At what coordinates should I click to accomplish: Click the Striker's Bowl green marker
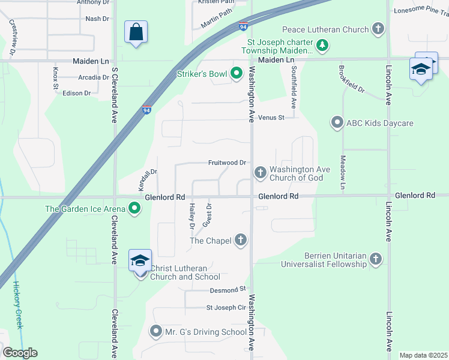[x=237, y=74]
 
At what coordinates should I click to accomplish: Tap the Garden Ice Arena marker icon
[x=135, y=209]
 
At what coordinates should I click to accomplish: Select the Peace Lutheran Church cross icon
[x=378, y=29]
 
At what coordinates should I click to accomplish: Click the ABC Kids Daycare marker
[x=337, y=123]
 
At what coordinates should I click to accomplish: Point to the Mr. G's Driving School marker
[x=157, y=331]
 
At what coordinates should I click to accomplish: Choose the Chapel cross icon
[x=241, y=241]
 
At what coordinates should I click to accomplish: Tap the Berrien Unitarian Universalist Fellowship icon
[x=376, y=259]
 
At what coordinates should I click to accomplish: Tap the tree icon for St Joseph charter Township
[x=322, y=45]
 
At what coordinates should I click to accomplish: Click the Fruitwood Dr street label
[x=228, y=163]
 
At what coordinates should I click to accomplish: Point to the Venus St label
[x=271, y=118]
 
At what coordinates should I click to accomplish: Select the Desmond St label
[x=228, y=289]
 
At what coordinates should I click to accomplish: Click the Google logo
[x=20, y=353]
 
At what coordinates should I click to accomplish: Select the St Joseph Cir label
[x=226, y=308]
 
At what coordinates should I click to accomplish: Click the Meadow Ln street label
[x=343, y=173]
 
